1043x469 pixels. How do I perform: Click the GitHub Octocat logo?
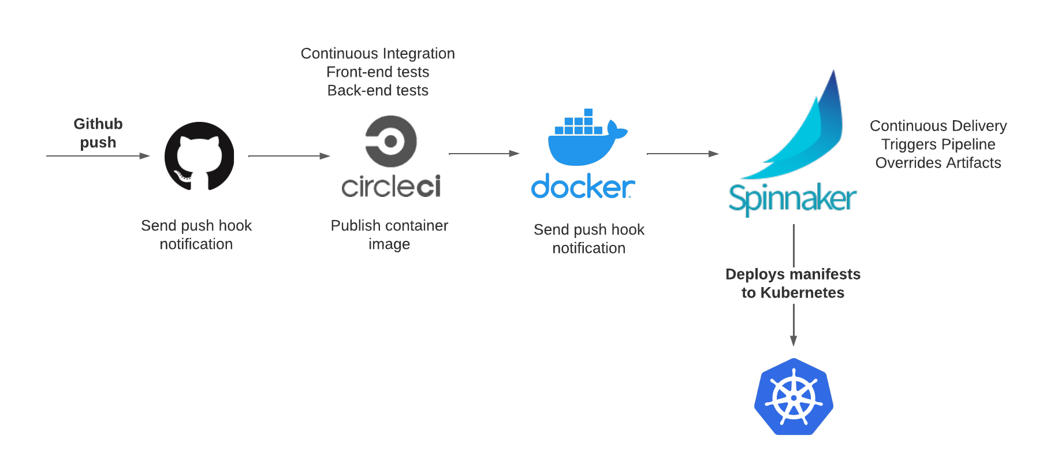coord(199,156)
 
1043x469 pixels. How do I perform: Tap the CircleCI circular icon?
coord(391,141)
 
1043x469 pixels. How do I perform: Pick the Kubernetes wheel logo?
coord(794,397)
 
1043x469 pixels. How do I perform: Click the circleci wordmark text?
coord(391,187)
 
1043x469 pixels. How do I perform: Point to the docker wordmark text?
coord(583,187)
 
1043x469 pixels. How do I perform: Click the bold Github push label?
coord(98,133)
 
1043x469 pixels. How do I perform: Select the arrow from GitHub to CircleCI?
coord(289,156)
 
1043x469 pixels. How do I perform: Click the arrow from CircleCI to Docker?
coord(484,154)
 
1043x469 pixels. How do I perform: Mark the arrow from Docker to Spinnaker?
coord(683,154)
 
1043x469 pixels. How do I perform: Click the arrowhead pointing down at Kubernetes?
coord(794,341)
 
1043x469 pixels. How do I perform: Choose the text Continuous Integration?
coord(378,54)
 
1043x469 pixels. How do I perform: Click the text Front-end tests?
coord(378,72)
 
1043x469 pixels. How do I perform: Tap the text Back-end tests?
coord(378,91)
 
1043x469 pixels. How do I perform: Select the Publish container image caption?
coord(389,234)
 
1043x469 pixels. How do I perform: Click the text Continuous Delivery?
coord(938,126)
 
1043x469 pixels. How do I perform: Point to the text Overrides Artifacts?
coord(938,163)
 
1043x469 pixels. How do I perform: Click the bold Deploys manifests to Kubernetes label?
coord(793,283)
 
